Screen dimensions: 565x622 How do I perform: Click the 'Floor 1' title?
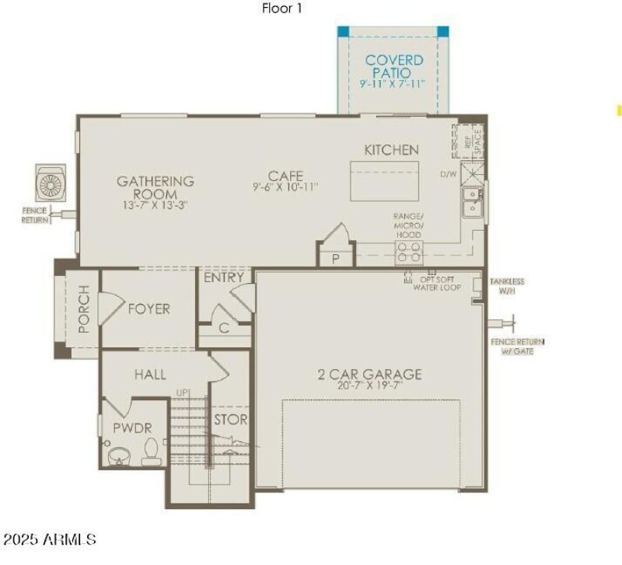coord(281,9)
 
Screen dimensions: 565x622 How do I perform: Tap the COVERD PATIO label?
coord(394,65)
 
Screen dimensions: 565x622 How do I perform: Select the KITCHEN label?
coord(392,150)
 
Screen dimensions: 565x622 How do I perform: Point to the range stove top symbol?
coord(410,250)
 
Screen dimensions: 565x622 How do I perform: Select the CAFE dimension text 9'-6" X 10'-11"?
coord(285,187)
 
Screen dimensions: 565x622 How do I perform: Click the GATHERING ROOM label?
coord(155,187)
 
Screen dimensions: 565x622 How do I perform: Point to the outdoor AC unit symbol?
coord(54,184)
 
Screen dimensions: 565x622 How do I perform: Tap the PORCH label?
coord(84,309)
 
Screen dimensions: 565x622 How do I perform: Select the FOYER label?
coord(149,309)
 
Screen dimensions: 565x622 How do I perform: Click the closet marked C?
coord(224,329)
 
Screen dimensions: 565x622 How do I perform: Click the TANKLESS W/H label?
coord(507,286)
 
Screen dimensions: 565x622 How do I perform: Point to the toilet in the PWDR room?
coord(152,450)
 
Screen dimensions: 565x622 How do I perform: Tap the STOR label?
coord(231,420)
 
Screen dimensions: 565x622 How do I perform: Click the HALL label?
coord(150,375)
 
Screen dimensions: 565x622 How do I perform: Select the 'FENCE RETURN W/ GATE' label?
coord(517,345)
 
